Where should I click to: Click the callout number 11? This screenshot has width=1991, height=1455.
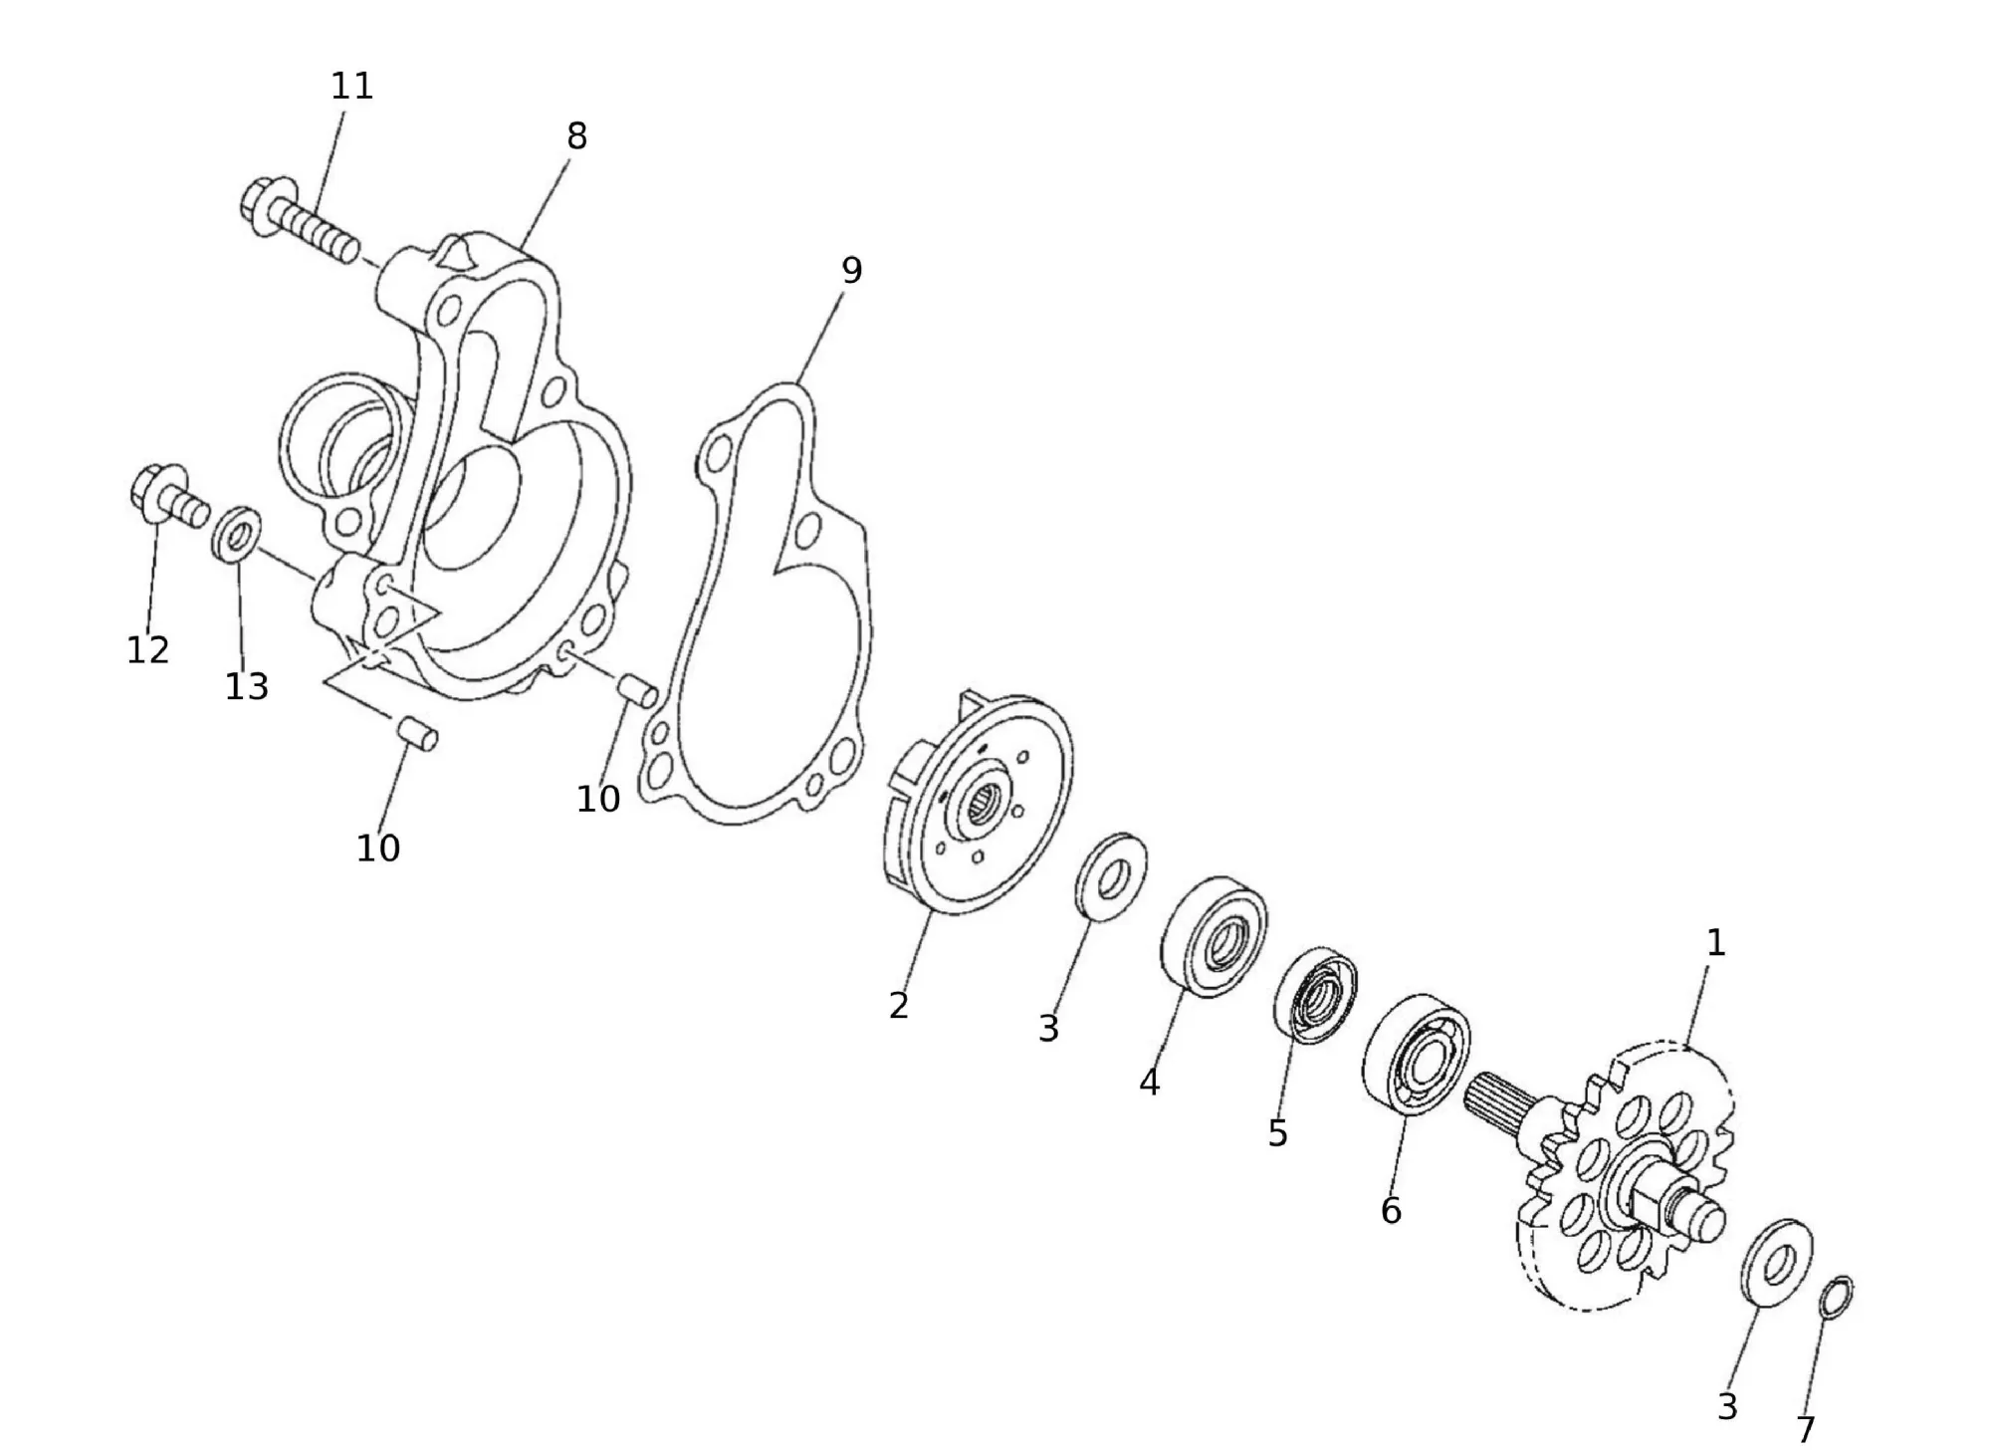(x=351, y=87)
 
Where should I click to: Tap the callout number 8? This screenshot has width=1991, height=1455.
(x=576, y=136)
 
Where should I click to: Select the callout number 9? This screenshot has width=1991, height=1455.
(x=851, y=270)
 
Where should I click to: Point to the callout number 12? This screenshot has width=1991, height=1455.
(x=147, y=650)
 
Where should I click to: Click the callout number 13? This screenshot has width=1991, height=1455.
(x=246, y=686)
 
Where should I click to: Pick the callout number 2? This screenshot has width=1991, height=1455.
(x=898, y=1006)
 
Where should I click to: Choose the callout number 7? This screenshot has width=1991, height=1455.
(x=1806, y=1430)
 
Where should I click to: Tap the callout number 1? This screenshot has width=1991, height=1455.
(x=1715, y=943)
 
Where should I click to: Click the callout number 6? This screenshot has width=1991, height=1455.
(x=1391, y=1210)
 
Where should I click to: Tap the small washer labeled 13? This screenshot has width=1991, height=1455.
(x=237, y=535)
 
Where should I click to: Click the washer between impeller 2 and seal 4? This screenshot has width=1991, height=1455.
(x=1111, y=877)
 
